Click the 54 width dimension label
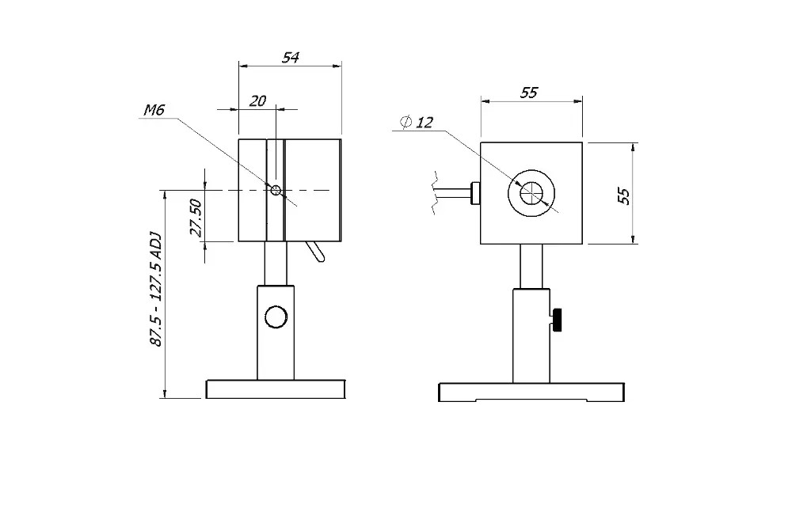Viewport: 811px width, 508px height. coord(291,58)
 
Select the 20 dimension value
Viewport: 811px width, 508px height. coord(257,100)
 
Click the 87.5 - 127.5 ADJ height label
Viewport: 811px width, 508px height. coord(155,289)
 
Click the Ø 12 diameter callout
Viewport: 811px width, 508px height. coord(417,122)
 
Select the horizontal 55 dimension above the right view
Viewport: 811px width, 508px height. coord(528,93)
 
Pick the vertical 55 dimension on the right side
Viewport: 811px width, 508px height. coord(624,195)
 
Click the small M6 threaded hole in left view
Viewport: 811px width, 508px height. coord(275,190)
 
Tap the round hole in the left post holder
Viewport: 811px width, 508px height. coord(276,317)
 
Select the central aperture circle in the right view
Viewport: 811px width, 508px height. coord(531,193)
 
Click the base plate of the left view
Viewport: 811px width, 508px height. coord(276,389)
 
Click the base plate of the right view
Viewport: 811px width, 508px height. coord(531,392)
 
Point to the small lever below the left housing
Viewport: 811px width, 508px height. coord(315,252)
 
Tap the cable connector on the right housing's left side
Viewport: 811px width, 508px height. coord(475,192)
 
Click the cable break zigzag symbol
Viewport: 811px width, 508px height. coord(434,191)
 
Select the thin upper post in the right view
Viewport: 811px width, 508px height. coord(531,267)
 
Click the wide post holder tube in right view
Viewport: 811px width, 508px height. coord(531,336)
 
